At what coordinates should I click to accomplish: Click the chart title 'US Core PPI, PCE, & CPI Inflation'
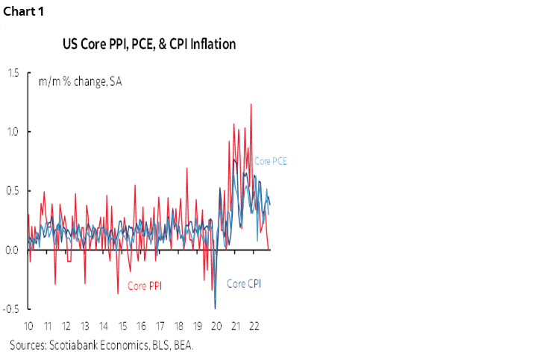(148, 44)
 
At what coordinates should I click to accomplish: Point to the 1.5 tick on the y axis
(13, 73)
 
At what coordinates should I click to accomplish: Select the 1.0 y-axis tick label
(13, 132)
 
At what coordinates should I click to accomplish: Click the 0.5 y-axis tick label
(13, 191)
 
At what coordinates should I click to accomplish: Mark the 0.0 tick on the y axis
(13, 250)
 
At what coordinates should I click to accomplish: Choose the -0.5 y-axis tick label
(11, 309)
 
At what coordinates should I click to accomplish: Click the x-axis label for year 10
(28, 326)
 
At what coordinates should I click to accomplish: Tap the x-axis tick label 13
(84, 326)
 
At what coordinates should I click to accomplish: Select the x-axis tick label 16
(141, 326)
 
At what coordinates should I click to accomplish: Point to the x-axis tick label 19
(198, 326)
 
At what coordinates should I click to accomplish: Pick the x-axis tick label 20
(216, 326)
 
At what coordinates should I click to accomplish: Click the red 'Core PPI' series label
(145, 285)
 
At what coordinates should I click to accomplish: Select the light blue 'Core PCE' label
(272, 161)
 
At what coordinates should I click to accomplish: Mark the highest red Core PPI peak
(251, 104)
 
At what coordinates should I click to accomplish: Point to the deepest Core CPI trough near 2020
(216, 308)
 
